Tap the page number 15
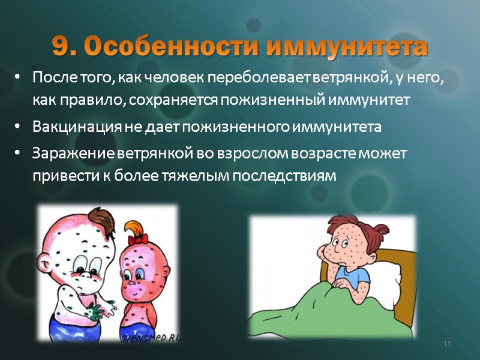coord(446,343)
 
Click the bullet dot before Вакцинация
coord(18,128)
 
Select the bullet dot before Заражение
coord(18,154)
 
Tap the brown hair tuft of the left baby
coord(97,215)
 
